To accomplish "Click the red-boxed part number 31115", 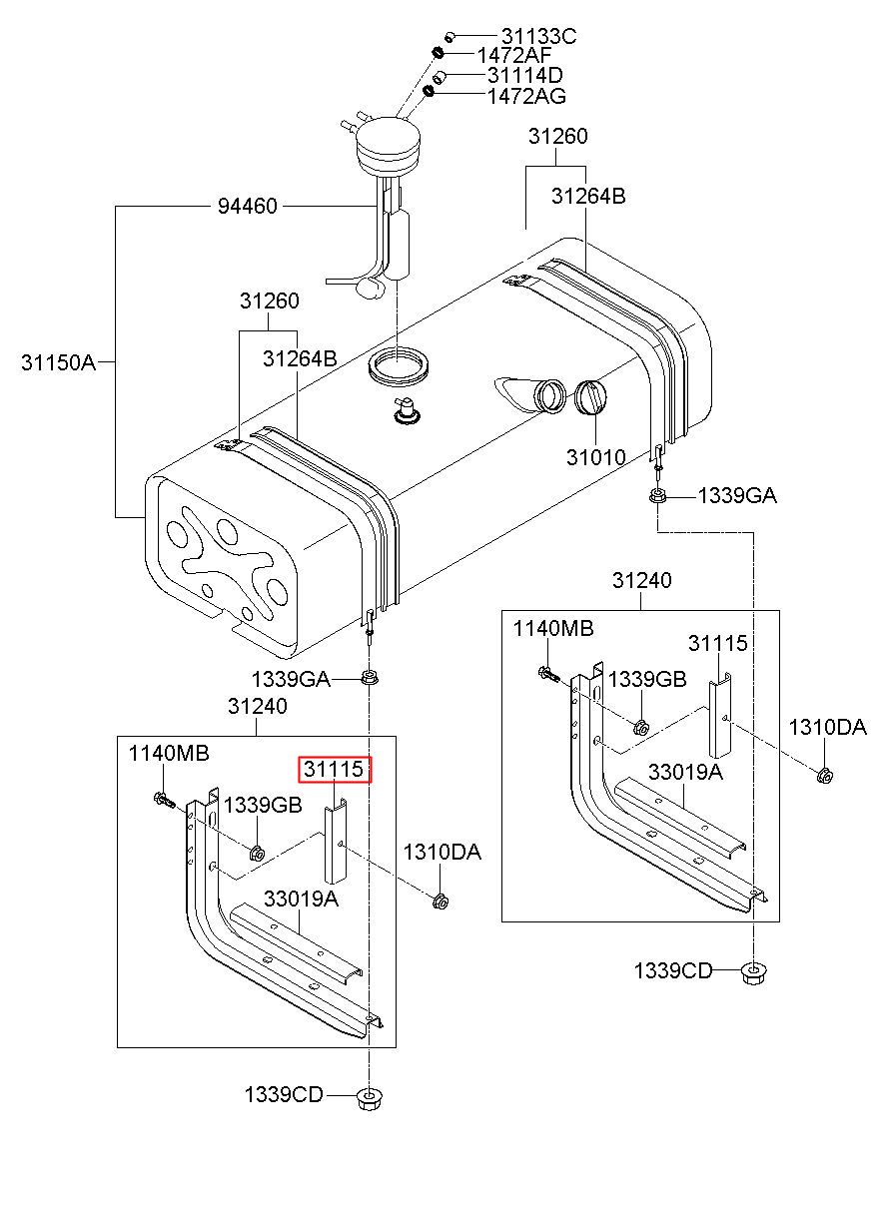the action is click(x=335, y=769).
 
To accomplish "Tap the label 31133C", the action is click(x=538, y=36).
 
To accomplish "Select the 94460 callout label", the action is click(x=248, y=206).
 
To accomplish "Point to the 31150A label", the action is click(x=58, y=362).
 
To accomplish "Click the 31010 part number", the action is click(x=595, y=457).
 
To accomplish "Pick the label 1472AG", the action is click(x=526, y=96).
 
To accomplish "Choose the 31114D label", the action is click(x=524, y=75).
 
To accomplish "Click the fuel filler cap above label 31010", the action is click(x=589, y=397).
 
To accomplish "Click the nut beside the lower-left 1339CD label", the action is click(x=369, y=1099).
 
